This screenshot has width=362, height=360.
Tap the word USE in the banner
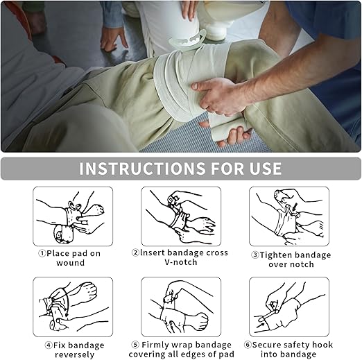pyautogui.click(x=266, y=169)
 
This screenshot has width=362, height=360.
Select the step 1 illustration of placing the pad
pyautogui.click(x=73, y=216)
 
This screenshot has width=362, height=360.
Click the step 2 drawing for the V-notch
pyautogui.click(x=181, y=216)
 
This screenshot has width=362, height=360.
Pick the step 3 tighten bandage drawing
pyautogui.click(x=289, y=216)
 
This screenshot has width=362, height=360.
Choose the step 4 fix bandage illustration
pyautogui.click(x=73, y=307)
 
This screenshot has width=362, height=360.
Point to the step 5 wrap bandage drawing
pyautogui.click(x=181, y=307)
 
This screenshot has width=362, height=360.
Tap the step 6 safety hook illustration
pyautogui.click(x=289, y=307)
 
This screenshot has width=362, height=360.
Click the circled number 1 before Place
pyautogui.click(x=42, y=254)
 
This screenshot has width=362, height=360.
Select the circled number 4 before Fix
pyautogui.click(x=49, y=345)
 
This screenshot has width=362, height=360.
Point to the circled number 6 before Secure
pyautogui.click(x=248, y=345)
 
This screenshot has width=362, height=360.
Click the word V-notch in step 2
pyautogui.click(x=181, y=262)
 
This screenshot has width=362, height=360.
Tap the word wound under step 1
pyautogui.click(x=71, y=263)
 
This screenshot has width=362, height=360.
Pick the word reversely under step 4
pyautogui.click(x=75, y=355)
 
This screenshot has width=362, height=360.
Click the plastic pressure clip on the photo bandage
pyautogui.click(x=187, y=40)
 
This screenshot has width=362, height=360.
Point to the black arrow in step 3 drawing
pyautogui.click(x=294, y=207)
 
